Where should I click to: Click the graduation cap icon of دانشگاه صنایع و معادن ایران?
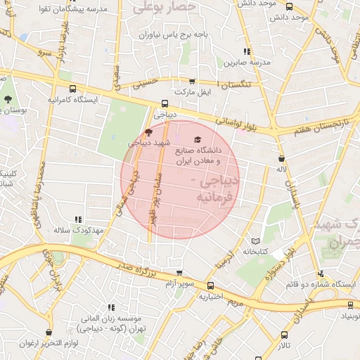coord(196,140)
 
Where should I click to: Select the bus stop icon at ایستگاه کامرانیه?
coord(73,89)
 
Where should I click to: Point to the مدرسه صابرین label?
coord(245,62)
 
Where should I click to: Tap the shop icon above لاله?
coord(281,158)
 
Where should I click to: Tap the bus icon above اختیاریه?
coord(210,285)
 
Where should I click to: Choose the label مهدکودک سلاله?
coord(79,230)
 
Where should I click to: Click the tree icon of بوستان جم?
coord(8,99)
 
